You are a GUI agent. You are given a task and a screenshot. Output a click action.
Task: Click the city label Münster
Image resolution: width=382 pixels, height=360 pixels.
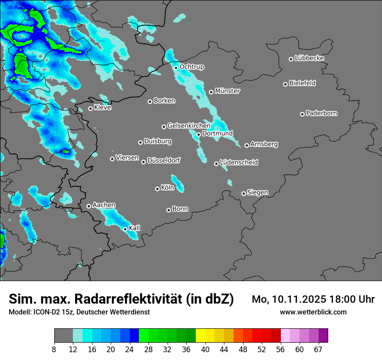click(x=227, y=91)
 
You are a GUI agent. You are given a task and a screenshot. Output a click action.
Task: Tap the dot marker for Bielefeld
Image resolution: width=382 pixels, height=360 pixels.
click(x=286, y=84)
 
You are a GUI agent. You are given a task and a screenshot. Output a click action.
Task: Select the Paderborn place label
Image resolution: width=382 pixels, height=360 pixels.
click(x=322, y=113)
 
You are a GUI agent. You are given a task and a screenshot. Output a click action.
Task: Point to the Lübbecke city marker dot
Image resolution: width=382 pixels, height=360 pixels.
click(x=291, y=59)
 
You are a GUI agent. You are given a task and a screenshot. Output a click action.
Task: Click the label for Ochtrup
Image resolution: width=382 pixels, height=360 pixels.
click(x=192, y=67)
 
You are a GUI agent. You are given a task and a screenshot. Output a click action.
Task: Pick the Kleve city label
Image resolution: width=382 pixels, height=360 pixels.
click(x=103, y=108)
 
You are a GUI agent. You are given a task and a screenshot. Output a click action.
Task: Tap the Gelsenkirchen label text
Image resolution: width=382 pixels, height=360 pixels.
click(x=189, y=126)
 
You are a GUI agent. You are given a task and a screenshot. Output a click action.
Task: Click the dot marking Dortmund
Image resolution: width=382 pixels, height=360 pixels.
click(x=198, y=134)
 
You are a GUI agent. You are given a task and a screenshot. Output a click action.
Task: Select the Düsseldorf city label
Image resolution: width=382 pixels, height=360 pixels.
click(x=164, y=160)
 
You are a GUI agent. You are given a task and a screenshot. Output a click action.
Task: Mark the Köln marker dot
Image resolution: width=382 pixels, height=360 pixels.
click(x=157, y=189)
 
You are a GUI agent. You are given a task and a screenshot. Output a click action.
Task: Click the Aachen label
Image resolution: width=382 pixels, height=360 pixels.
click(x=104, y=205)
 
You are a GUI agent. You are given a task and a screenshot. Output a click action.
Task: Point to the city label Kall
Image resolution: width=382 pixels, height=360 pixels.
click(x=135, y=228)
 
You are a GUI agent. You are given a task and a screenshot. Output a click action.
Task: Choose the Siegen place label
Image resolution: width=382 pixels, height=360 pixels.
click(x=257, y=193)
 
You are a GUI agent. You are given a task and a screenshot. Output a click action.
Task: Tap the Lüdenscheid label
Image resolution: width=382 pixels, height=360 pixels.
click(x=239, y=163)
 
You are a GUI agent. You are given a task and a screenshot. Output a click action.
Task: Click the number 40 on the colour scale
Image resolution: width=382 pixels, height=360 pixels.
click(x=205, y=350)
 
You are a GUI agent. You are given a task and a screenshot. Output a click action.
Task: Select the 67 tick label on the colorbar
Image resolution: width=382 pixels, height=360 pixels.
click(x=318, y=350)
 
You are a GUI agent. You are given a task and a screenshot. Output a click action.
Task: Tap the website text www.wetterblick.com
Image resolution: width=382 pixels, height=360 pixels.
click(x=313, y=312)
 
